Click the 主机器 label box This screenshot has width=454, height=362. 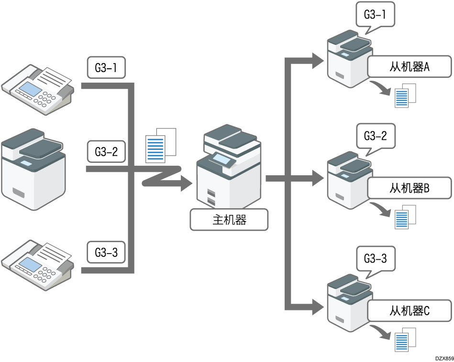coord(229,220)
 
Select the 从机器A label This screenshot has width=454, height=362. coord(410,67)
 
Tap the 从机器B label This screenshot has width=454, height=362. coord(410,189)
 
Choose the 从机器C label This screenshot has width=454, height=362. coord(410,311)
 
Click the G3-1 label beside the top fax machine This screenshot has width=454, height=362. coord(106,68)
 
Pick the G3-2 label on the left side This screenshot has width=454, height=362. coord(106,152)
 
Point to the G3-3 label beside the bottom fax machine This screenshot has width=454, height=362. coord(106,252)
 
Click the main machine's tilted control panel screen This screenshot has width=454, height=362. coord(222,159)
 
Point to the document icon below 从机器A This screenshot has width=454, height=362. coord(406,95)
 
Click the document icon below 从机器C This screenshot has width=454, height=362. coord(406,340)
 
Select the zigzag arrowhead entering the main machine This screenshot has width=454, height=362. coord(187,183)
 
